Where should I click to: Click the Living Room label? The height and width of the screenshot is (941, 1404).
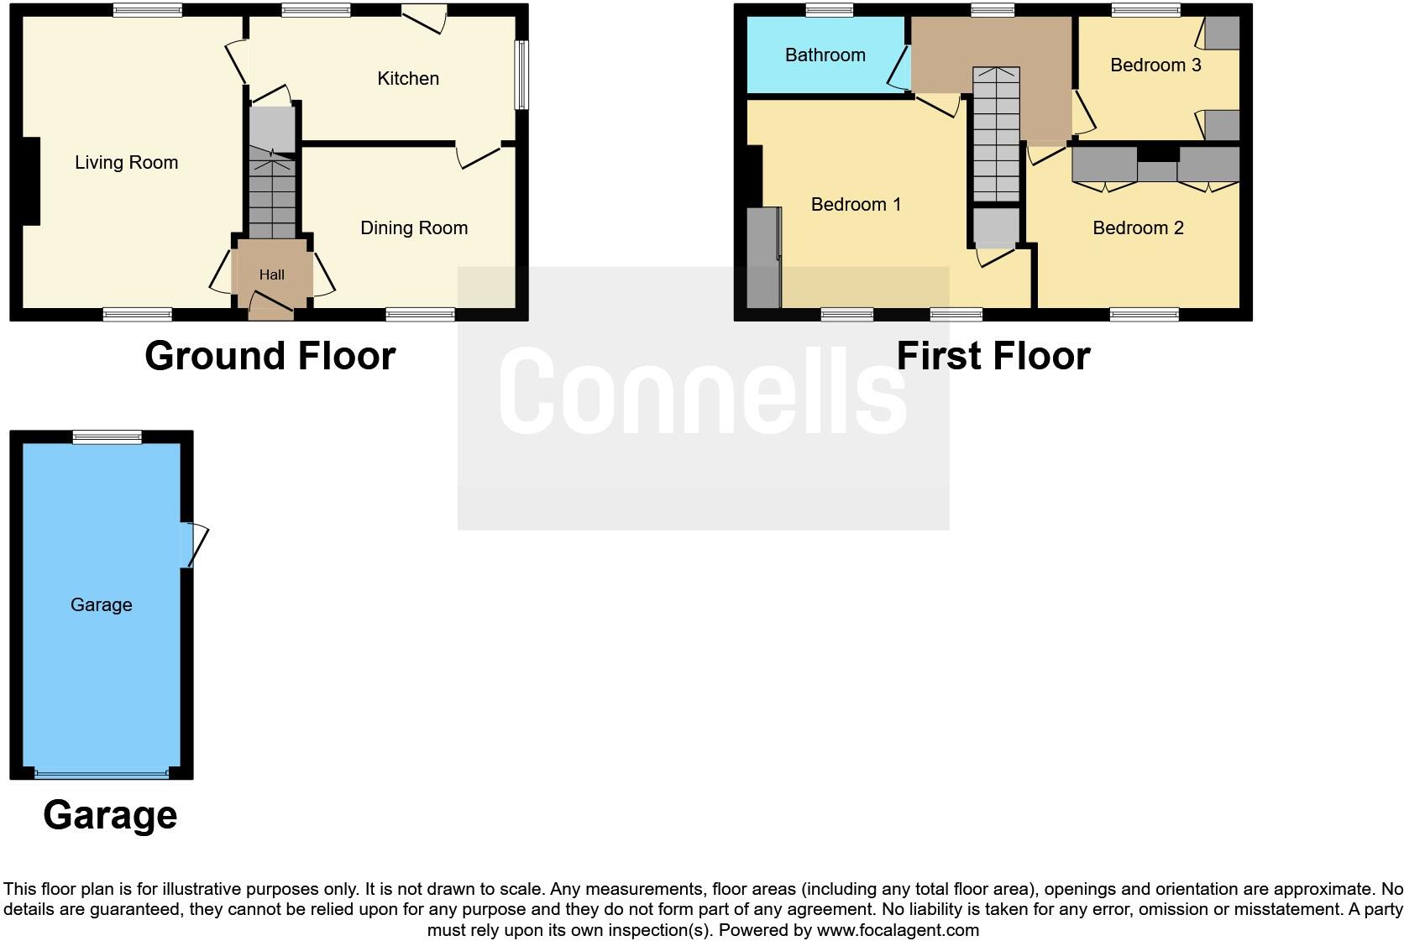point(126,163)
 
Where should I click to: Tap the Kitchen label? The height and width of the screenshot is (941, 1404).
point(408,79)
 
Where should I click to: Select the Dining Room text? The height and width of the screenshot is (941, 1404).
point(413,228)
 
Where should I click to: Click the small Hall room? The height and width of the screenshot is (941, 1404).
point(272,274)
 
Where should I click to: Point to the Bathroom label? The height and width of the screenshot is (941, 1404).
point(825,55)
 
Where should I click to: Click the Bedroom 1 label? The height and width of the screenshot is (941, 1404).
point(856,205)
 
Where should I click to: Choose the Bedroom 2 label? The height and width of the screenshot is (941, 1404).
point(1138,228)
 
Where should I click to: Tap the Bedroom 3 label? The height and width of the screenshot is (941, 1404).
point(1155,65)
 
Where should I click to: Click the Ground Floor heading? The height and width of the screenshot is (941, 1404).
point(270,356)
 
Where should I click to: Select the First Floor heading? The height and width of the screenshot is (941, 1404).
point(993,356)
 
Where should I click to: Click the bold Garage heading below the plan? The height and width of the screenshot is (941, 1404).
point(110,815)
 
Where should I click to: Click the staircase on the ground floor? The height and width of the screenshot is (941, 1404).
point(272,193)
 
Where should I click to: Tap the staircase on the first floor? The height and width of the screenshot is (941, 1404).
point(996,134)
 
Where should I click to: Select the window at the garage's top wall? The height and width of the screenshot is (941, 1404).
point(107,437)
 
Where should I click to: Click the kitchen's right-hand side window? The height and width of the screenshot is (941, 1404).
point(521,76)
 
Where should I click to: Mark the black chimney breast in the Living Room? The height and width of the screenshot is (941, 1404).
point(30,181)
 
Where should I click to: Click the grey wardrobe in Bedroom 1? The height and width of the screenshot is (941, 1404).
point(763,257)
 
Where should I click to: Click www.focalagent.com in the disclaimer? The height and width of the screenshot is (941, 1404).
point(897,930)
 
